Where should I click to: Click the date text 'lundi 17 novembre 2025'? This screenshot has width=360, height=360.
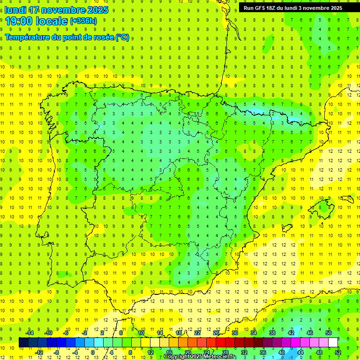tap(56, 10)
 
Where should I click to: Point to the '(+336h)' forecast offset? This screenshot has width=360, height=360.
tap(83, 21)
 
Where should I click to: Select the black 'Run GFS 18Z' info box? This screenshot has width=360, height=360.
tap(293, 7)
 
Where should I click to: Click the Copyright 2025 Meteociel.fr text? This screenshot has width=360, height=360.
tap(201, 357)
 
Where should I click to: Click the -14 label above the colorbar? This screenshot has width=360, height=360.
tap(30, 333)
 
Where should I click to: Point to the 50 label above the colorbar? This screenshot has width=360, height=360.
tap(328, 333)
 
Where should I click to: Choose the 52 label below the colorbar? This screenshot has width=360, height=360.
tap(337, 352)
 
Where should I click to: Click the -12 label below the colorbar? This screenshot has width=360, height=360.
tap(39, 352)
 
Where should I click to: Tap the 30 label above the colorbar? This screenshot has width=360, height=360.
tap(234, 333)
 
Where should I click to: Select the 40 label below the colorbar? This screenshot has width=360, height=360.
tap(281, 352)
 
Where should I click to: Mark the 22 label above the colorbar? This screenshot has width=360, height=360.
tap(197, 333)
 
